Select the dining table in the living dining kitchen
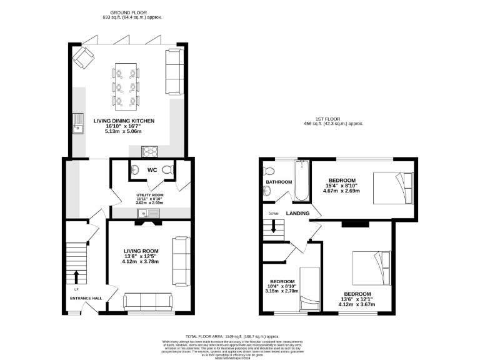[x=127, y=85]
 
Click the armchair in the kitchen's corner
[x=82, y=57]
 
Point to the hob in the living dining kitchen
[x=151, y=151]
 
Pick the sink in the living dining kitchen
[x=78, y=124]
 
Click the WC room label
[x=151, y=169]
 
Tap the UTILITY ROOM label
[x=149, y=194]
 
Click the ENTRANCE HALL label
[x=86, y=297]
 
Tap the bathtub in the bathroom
[x=301, y=181]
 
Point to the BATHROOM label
[x=279, y=182]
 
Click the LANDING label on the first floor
[x=297, y=213]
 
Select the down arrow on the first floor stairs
[x=272, y=229]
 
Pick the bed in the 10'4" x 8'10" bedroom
[x=310, y=289]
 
